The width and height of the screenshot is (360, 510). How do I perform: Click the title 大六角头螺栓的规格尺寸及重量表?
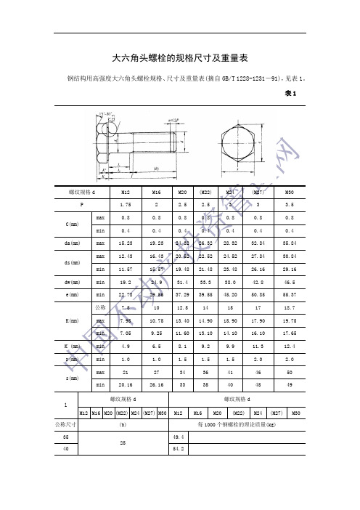click(x=181, y=57)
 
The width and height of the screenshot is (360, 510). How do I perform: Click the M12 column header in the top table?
click(x=125, y=192)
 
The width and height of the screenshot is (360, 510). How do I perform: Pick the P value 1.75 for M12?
click(x=125, y=205)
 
